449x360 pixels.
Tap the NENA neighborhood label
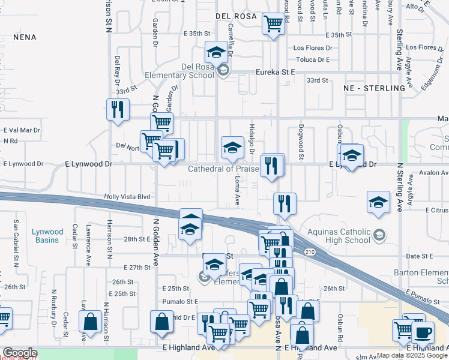point(25,37)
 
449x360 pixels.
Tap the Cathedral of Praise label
point(223,169)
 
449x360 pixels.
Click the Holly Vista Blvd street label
point(127,196)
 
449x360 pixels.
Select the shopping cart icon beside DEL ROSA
point(274,24)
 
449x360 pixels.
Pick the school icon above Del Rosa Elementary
point(216,52)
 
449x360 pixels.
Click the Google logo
point(20,353)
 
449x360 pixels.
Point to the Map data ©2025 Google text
point(412,355)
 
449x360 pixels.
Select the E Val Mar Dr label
point(21,130)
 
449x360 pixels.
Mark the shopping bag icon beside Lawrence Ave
point(90,322)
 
